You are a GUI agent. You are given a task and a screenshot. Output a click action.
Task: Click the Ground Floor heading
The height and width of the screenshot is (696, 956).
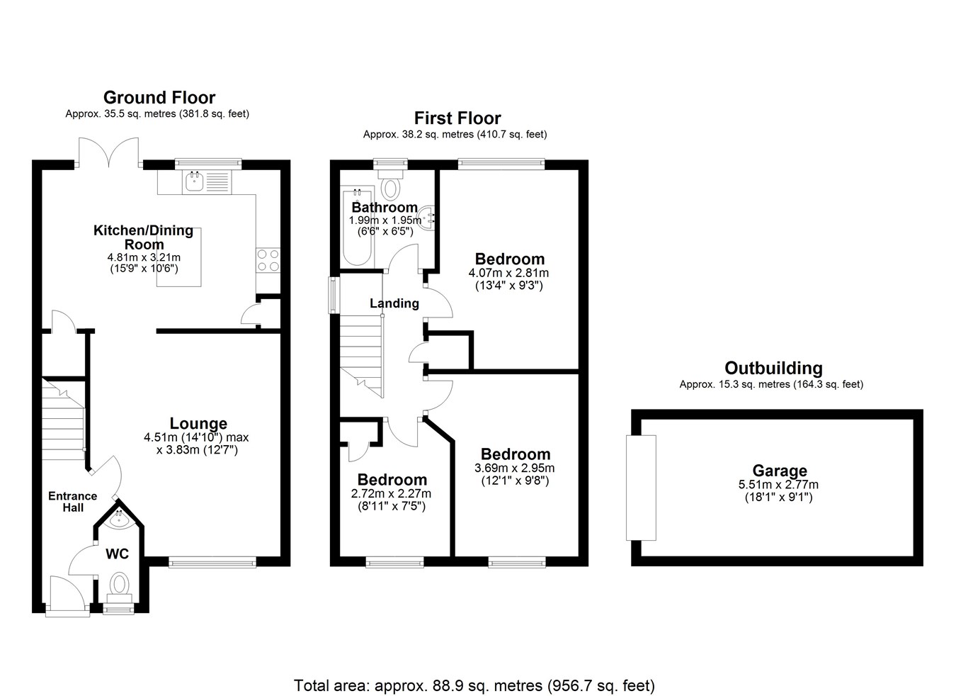pos(159,97)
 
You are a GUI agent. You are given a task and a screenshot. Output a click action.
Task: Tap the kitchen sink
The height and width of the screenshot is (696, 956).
pos(195,182)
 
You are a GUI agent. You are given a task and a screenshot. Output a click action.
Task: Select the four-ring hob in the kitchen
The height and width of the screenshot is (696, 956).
pos(268,261)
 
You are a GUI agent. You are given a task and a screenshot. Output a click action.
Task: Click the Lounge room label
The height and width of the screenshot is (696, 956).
pos(198,423)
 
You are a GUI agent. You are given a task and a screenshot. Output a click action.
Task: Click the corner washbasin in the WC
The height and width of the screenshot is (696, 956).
pos(119,520)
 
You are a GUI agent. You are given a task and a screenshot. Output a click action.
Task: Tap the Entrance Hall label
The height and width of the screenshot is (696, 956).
pos(72,502)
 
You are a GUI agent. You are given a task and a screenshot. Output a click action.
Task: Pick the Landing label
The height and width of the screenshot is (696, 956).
pos(394,303)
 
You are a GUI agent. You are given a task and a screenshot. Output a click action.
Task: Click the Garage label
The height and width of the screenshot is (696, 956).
pos(780,471)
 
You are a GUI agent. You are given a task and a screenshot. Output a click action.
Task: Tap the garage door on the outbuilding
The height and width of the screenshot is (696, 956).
pos(641,488)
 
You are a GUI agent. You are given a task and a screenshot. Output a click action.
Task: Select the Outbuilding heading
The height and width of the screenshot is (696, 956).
pos(774,368)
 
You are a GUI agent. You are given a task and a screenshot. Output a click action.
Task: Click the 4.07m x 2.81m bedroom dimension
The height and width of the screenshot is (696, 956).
pos(508,273)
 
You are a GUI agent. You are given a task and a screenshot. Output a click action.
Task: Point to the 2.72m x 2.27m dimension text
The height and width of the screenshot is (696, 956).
pos(391,494)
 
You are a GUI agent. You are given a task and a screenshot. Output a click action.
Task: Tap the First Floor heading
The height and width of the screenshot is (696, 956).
pos(457,118)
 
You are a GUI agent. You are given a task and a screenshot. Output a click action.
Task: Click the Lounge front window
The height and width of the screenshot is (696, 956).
pos(212,562)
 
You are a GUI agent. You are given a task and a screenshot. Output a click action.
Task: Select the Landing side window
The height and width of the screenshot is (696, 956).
pos(334,296)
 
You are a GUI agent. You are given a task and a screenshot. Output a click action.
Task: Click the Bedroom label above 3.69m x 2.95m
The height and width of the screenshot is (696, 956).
pos(516,454)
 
